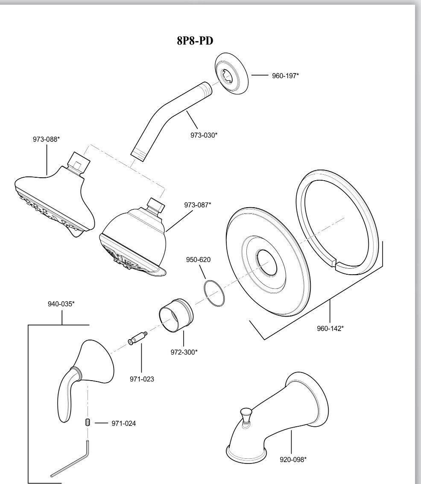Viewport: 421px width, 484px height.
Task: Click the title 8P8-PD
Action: pyautogui.click(x=195, y=41)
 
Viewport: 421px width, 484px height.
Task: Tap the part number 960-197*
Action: pyautogui.click(x=285, y=76)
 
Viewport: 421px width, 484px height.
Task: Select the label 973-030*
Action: pyautogui.click(x=204, y=135)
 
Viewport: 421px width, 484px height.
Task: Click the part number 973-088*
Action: pyautogui.click(x=46, y=139)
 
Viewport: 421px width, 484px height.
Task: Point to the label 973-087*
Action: pyautogui.click(x=198, y=205)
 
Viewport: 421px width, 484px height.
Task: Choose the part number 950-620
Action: pyautogui.click(x=198, y=260)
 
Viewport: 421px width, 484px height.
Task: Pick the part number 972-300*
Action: pyautogui.click(x=184, y=352)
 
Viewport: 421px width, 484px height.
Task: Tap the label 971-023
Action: pyautogui.click(x=141, y=379)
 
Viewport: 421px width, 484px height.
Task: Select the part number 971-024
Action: pyautogui.click(x=124, y=423)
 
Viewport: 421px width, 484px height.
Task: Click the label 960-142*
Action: pyautogui.click(x=330, y=329)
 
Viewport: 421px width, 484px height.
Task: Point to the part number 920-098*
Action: pyautogui.click(x=293, y=459)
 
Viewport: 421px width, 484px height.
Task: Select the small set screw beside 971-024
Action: pyautogui.click(x=87, y=423)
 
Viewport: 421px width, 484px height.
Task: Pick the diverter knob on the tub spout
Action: pyautogui.click(x=246, y=416)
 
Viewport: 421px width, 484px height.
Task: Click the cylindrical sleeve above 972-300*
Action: pyautogui.click(x=175, y=314)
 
